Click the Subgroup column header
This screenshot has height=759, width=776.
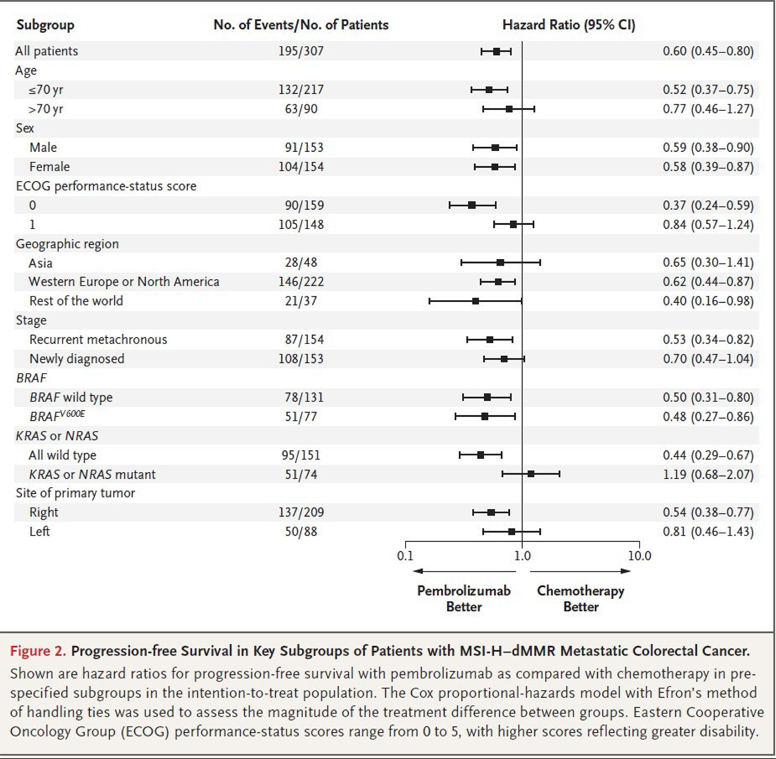click(45, 25)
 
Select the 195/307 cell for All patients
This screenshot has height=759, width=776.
click(301, 51)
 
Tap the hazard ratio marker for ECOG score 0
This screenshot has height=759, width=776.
click(472, 205)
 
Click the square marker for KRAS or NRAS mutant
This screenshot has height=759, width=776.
click(531, 474)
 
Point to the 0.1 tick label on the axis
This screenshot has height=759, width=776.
click(405, 556)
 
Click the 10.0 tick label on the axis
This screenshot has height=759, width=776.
click(639, 556)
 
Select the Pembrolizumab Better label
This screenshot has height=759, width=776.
click(464, 598)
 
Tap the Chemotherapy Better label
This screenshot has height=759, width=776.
click(580, 598)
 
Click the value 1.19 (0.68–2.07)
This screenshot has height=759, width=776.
click(708, 475)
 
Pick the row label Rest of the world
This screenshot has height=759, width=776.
click(76, 301)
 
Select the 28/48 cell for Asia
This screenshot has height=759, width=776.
click(301, 263)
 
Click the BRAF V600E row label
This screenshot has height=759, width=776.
click(57, 416)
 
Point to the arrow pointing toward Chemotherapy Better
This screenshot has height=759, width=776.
click(580, 571)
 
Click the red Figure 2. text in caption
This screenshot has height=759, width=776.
click(38, 651)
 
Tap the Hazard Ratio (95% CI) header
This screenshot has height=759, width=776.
click(569, 25)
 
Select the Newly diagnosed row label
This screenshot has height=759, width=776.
click(77, 359)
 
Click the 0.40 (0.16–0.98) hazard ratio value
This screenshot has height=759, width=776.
click(708, 301)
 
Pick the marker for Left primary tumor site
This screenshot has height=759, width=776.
click(511, 531)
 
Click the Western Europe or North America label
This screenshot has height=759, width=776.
click(123, 282)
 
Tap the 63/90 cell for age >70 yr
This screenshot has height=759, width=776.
click(301, 109)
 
